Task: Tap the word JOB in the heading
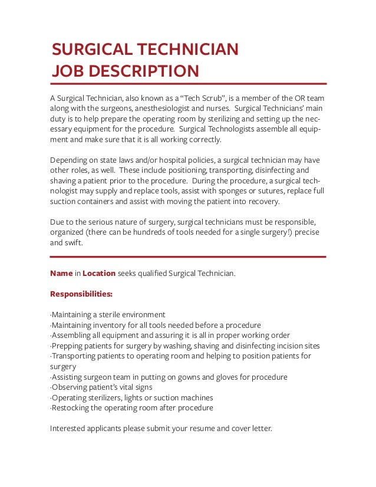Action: [x=65, y=71]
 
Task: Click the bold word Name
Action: [x=61, y=274]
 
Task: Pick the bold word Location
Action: [x=99, y=274]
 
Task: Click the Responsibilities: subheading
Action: [x=81, y=294]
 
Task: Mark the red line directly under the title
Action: [x=188, y=84]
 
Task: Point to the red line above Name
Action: [x=188, y=257]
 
